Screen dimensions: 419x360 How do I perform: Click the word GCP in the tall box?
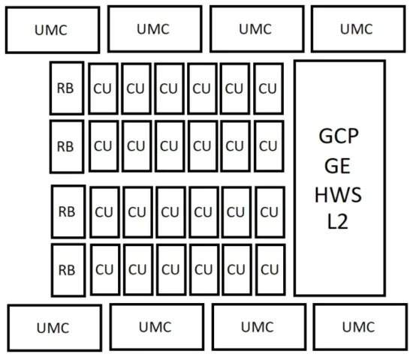coord(339,136)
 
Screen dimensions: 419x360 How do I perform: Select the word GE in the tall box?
coord(337,166)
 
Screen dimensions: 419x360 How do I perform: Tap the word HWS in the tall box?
coord(339,195)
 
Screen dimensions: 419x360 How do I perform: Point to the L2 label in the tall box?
coord(338,221)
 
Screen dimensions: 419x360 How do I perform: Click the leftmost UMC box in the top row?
coord(53,30)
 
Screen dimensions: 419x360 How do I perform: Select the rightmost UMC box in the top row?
coord(358,28)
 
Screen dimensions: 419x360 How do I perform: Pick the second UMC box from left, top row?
coord(155,28)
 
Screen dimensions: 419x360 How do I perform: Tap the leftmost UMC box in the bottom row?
coord(55,328)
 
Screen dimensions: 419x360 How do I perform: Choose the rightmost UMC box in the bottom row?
coord(360,327)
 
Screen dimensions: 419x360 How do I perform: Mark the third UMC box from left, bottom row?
coord(259,327)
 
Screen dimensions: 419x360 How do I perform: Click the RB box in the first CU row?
coord(67,88)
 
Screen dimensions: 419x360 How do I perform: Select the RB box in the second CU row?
coord(67,146)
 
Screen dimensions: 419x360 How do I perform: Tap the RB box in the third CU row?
coord(68,211)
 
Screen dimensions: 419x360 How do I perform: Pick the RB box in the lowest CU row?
coord(68,270)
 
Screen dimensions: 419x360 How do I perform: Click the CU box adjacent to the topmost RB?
coord(104,88)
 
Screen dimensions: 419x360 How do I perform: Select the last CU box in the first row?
coord(269,88)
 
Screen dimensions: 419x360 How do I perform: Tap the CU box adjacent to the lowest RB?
coord(105,270)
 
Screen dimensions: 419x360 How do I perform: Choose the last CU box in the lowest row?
coord(270,270)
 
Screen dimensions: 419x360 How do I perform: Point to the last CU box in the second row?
coord(269,146)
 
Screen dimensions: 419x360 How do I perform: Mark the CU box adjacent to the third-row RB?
coord(104,212)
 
